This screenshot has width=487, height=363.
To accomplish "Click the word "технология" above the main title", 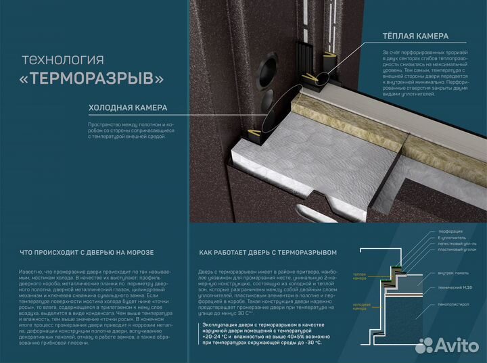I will [x=63, y=58].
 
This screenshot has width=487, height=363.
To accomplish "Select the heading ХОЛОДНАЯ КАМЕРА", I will [x=128, y=107].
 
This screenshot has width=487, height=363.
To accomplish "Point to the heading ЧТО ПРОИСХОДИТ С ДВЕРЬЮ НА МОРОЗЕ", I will [x=89, y=253].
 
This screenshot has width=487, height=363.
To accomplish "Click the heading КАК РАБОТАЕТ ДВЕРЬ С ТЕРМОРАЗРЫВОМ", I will [x=268, y=253].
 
